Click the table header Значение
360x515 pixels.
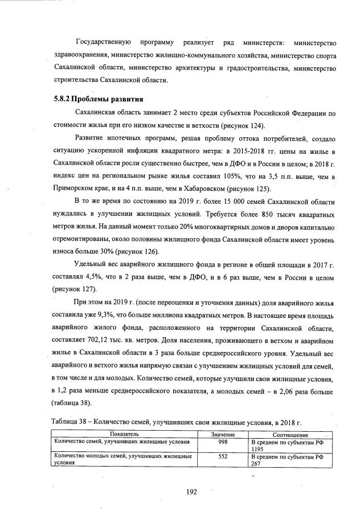point(223,434)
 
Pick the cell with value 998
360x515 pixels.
point(223,442)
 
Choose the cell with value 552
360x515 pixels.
point(223,456)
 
